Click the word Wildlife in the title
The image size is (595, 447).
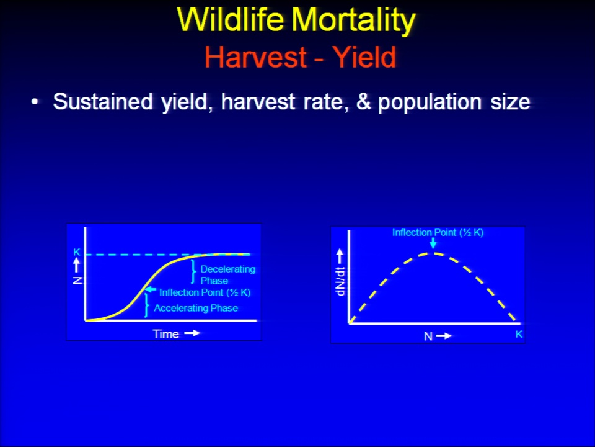(x=230, y=19)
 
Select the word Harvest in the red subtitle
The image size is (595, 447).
(x=255, y=57)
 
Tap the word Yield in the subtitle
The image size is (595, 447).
(x=364, y=57)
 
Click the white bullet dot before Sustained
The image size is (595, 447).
(x=35, y=102)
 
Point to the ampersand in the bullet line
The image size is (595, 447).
(x=364, y=102)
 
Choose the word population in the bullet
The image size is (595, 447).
(x=431, y=102)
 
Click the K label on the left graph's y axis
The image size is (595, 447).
(x=77, y=252)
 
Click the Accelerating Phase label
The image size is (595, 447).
(x=196, y=308)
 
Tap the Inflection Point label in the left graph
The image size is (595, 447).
(x=205, y=292)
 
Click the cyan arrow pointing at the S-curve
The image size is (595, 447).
(x=151, y=290)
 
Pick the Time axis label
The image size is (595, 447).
(x=166, y=334)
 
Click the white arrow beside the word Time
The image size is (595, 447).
(x=192, y=333)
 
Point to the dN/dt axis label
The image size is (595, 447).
(x=340, y=282)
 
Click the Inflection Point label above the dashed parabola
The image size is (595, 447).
(x=438, y=233)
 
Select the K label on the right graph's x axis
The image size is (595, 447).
(x=519, y=334)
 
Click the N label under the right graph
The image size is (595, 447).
(x=428, y=336)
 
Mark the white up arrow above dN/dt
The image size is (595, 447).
(x=340, y=256)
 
